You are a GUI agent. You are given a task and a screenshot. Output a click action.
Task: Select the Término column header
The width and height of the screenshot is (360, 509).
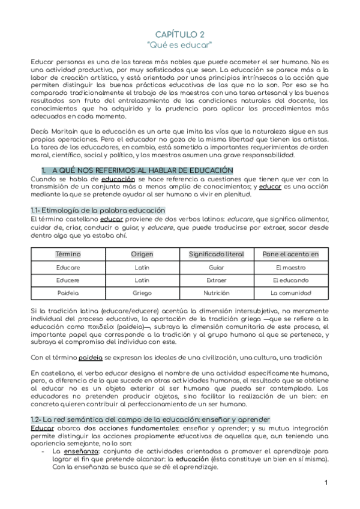click(x=68, y=254)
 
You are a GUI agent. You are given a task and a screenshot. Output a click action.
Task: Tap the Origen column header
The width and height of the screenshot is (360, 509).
click(x=142, y=254)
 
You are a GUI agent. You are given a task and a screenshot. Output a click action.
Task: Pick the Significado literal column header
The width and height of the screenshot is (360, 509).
click(x=217, y=254)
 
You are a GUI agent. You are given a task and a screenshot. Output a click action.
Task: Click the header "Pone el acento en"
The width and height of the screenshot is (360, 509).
click(x=291, y=254)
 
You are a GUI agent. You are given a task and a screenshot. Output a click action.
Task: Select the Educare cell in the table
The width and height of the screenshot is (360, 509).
click(x=68, y=267)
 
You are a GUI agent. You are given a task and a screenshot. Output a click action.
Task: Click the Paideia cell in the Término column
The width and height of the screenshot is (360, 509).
click(x=68, y=294)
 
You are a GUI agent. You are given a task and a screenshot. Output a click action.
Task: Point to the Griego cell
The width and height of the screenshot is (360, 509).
click(x=142, y=294)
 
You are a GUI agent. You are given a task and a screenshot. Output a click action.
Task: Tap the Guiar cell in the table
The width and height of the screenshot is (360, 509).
click(x=217, y=267)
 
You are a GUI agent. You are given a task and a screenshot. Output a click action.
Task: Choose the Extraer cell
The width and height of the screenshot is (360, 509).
click(x=217, y=280)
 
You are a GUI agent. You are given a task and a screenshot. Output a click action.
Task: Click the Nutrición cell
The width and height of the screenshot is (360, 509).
click(x=217, y=294)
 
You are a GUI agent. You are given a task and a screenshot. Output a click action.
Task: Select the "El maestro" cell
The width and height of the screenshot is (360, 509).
click(x=291, y=267)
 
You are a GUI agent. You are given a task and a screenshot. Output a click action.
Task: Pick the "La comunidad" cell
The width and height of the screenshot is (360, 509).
click(x=291, y=294)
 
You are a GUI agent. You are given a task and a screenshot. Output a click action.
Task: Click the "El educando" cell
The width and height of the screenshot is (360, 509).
click(x=291, y=280)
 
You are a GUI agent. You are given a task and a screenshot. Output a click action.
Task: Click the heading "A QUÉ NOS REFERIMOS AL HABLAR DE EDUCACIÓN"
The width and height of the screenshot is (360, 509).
click(x=139, y=170)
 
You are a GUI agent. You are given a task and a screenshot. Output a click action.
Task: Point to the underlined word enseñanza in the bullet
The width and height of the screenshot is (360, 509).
click(x=68, y=450)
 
